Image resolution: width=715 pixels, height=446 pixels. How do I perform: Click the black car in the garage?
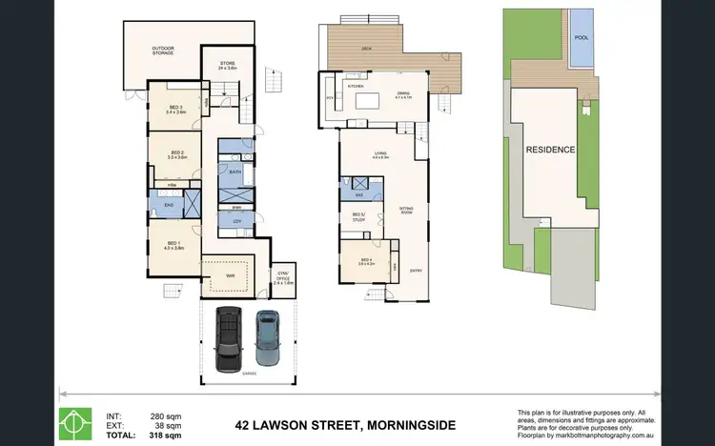[230, 339]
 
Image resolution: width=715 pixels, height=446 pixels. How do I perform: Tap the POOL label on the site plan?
[581, 39]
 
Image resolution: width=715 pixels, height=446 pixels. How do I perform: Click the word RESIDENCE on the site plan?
[549, 150]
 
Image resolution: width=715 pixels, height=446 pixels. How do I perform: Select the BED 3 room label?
[175, 109]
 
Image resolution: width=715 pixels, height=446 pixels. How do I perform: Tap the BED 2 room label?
[176, 153]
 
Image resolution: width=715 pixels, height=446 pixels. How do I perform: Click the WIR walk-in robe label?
[230, 275]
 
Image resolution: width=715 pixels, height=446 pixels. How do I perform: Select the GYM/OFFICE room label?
[283, 278]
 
